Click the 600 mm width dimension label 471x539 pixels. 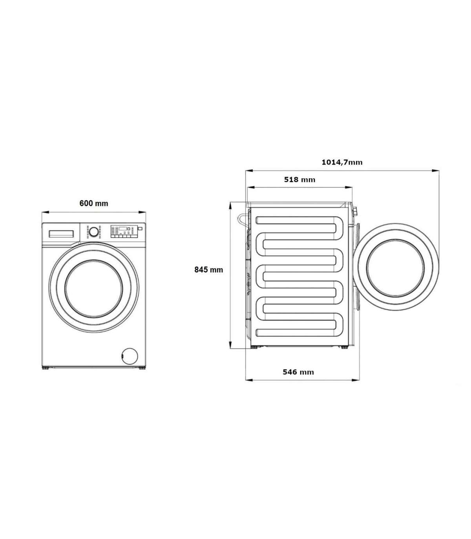[94, 203]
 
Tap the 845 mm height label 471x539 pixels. [209, 270]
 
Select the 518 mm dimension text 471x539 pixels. [299, 180]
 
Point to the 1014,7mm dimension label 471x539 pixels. [342, 162]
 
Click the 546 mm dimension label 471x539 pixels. [298, 372]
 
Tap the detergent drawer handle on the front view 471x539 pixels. [61, 234]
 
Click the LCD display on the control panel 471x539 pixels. [122, 229]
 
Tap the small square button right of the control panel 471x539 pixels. [141, 228]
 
